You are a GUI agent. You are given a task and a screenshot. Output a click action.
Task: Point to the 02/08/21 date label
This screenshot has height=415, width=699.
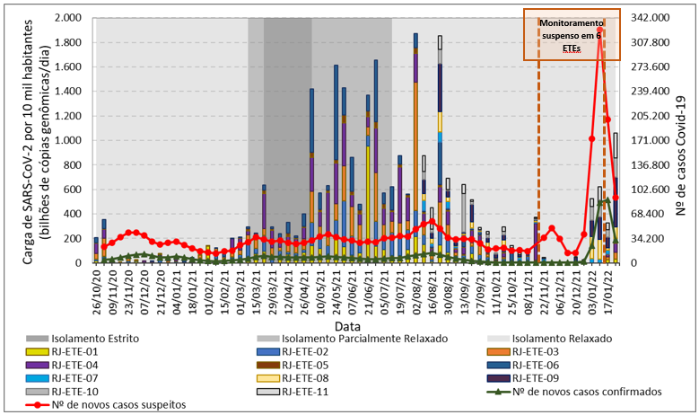(415, 287)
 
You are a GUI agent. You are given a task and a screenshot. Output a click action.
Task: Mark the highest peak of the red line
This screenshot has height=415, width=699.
(599, 31)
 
